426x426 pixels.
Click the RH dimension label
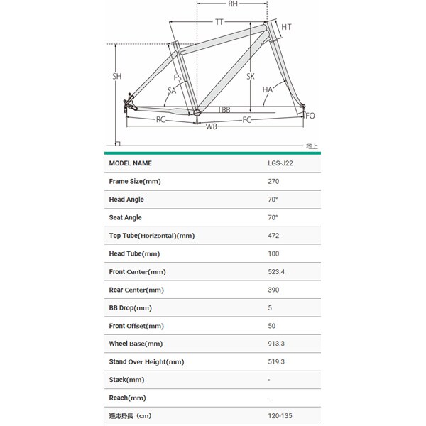pyautogui.click(x=232, y=5)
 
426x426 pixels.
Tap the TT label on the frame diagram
pyautogui.click(x=219, y=23)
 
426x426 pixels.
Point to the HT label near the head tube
pyautogui.click(x=286, y=27)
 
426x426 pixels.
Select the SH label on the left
pyautogui.click(x=117, y=76)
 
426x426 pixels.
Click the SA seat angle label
pyautogui.click(x=172, y=90)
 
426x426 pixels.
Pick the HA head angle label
pyautogui.click(x=267, y=90)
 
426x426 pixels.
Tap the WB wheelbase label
pyautogui.click(x=212, y=126)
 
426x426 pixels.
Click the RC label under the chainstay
pyautogui.click(x=161, y=119)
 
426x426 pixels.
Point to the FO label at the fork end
pyautogui.click(x=310, y=116)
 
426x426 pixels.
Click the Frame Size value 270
pyautogui.click(x=273, y=182)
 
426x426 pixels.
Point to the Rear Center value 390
pyautogui.click(x=273, y=290)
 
